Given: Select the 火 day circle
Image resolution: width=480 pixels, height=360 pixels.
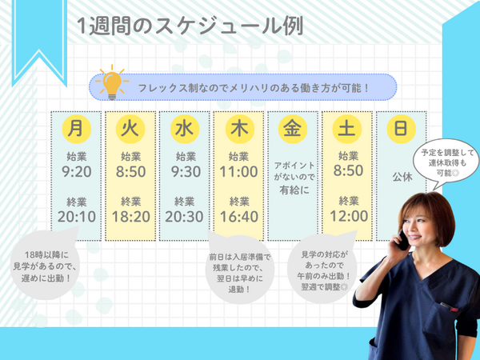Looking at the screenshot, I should point(130,127).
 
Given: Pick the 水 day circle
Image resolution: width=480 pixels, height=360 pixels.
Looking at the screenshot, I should point(184,127).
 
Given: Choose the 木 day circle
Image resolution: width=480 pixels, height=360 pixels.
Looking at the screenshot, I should point(238,127).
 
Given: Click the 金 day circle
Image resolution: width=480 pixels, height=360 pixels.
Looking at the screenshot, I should point(292,127).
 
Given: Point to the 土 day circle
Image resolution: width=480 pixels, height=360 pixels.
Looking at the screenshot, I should point(347,127).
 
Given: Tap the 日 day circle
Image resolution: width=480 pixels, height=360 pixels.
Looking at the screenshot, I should point(401,127).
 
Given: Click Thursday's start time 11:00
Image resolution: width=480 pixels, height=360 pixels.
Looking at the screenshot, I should point(238,171).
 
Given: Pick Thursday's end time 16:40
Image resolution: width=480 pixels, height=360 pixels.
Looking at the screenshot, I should point(238,216).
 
